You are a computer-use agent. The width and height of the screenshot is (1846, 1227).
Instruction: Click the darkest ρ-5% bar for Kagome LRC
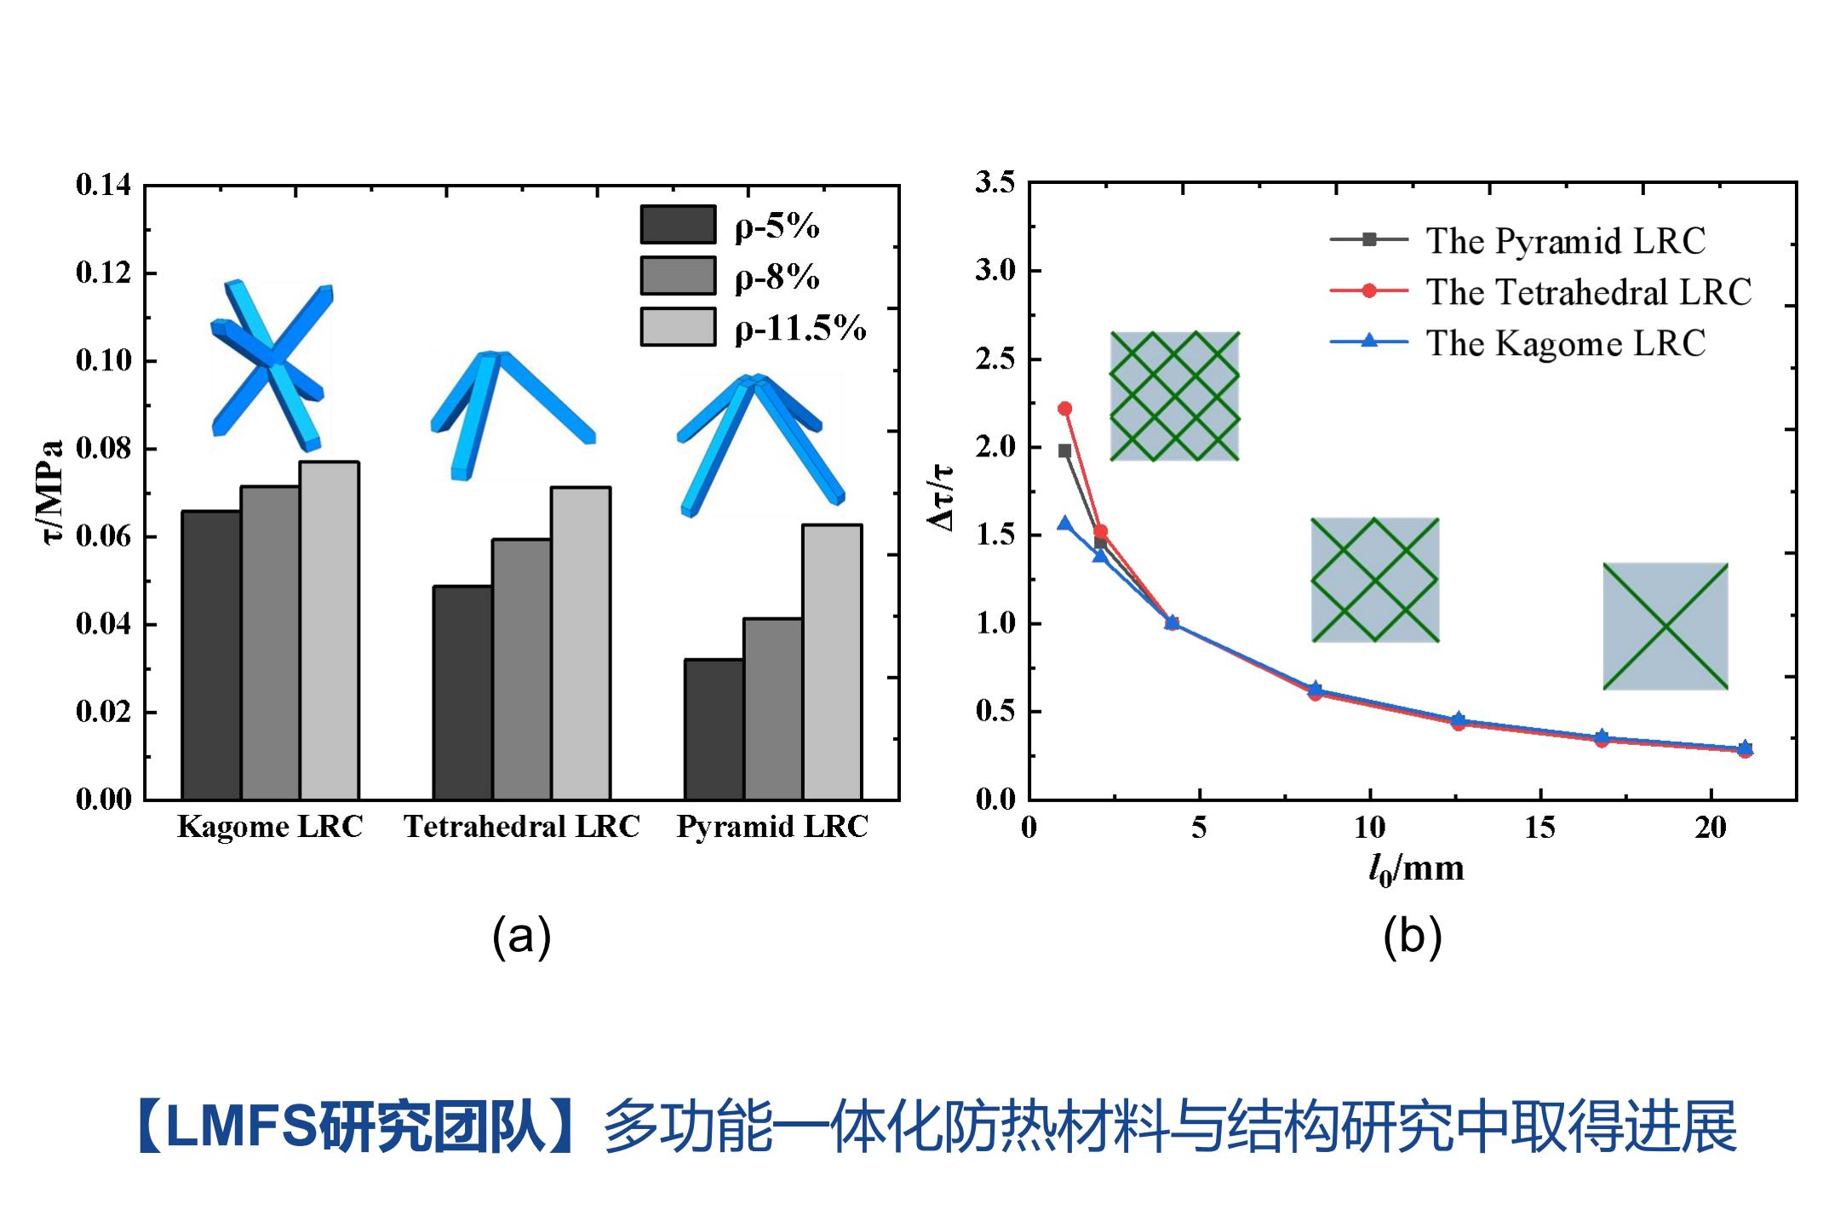click(x=211, y=656)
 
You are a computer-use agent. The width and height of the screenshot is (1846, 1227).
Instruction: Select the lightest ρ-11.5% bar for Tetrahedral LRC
click(x=581, y=644)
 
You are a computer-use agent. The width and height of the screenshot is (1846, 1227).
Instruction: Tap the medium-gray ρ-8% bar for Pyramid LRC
click(x=772, y=708)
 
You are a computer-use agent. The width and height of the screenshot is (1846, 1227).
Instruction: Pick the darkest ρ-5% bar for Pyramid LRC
click(x=714, y=729)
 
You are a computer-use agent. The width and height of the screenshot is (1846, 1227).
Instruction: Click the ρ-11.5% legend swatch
click(x=678, y=327)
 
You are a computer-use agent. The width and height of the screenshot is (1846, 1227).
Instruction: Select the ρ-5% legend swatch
click(x=678, y=225)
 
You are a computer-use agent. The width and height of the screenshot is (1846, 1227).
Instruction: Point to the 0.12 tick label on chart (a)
click(x=104, y=273)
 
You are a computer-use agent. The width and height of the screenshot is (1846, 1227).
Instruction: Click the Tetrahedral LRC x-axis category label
click(x=521, y=827)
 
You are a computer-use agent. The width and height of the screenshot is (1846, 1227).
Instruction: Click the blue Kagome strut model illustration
click(x=271, y=364)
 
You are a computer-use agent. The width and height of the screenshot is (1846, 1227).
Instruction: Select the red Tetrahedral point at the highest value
click(x=1064, y=409)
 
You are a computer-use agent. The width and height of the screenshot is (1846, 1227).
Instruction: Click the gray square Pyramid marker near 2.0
click(x=1064, y=451)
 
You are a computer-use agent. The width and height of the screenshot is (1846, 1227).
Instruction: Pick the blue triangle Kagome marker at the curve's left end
click(x=1064, y=524)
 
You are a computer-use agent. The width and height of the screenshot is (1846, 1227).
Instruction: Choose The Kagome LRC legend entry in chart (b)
click(x=1565, y=343)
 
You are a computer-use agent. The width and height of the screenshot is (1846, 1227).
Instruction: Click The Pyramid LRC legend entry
click(x=1565, y=241)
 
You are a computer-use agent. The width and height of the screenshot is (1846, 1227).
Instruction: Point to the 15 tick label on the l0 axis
click(x=1539, y=828)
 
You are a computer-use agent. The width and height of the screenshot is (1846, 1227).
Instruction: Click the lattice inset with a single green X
click(x=1665, y=626)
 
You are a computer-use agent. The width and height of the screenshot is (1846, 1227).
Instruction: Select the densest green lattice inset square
click(x=1174, y=397)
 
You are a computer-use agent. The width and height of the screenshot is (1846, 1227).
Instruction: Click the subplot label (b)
click(x=1412, y=937)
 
